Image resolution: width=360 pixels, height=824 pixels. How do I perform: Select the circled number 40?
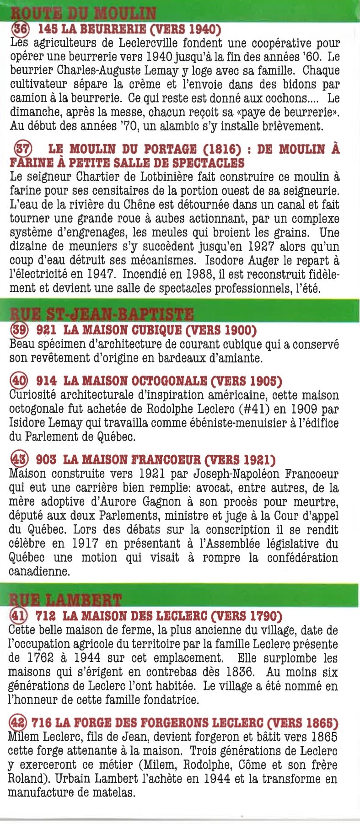[x=18, y=380]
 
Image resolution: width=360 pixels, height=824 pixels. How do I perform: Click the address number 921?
[x=46, y=330]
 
